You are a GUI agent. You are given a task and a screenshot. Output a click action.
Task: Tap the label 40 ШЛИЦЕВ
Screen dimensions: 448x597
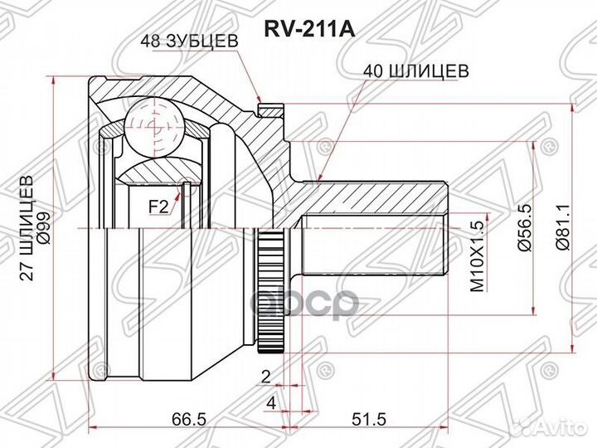[415, 71]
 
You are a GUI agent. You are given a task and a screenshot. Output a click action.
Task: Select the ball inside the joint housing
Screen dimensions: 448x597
[152, 124]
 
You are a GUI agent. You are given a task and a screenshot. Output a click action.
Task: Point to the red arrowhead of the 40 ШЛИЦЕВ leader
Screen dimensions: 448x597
[319, 177]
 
